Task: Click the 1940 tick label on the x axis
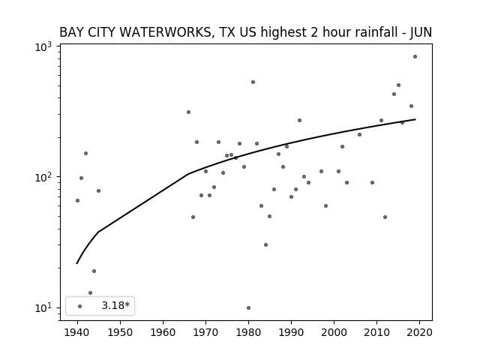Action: [x=77, y=332]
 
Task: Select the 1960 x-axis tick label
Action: [x=163, y=332]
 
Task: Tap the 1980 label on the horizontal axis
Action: [x=248, y=332]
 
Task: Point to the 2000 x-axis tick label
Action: [x=334, y=332]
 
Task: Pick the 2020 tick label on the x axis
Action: [x=419, y=332]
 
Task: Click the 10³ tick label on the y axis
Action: [x=43, y=46]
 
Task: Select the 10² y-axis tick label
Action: [x=43, y=177]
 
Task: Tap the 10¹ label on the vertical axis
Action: [x=43, y=308]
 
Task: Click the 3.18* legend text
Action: [x=115, y=305]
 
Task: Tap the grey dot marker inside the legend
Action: [x=80, y=306]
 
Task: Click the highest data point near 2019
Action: [x=415, y=57]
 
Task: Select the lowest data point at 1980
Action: [x=248, y=308]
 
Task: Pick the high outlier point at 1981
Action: [x=253, y=82]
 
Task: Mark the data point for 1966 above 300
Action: [x=188, y=112]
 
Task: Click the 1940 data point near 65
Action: [x=77, y=201]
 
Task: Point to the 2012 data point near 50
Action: [x=385, y=217]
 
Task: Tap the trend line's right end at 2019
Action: [x=415, y=119]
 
